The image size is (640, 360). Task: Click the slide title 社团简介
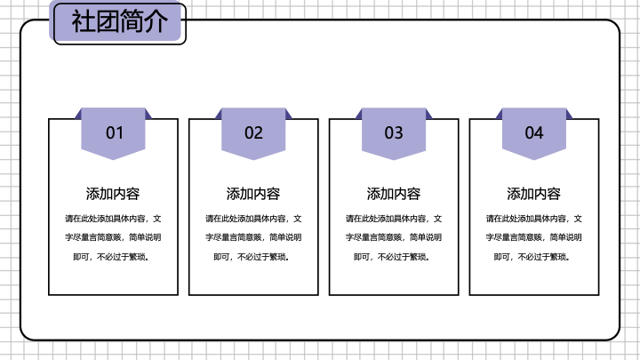(x=120, y=21)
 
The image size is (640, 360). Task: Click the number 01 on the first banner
(x=115, y=133)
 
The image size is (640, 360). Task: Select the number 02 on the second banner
(x=253, y=133)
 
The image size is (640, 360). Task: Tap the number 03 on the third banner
(x=394, y=133)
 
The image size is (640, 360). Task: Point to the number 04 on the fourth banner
(x=534, y=133)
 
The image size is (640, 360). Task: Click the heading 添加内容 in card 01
(x=113, y=194)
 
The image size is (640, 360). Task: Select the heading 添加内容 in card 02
(x=253, y=194)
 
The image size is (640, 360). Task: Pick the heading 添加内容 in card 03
(x=394, y=194)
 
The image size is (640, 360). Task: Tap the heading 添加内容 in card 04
(x=534, y=194)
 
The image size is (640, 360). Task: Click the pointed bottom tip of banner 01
(x=113, y=160)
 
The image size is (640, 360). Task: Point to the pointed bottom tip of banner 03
(x=394, y=160)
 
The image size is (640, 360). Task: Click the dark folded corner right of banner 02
(x=289, y=114)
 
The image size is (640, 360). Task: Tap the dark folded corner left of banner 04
(x=499, y=114)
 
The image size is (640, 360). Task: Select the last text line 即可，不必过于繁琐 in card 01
(x=111, y=257)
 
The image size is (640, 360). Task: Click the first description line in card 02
(x=253, y=219)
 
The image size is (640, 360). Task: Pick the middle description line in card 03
(x=394, y=237)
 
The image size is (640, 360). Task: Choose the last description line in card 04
(x=532, y=257)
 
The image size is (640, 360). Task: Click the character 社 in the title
(x=84, y=21)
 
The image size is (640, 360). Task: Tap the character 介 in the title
(x=156, y=21)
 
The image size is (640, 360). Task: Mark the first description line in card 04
(x=534, y=219)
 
